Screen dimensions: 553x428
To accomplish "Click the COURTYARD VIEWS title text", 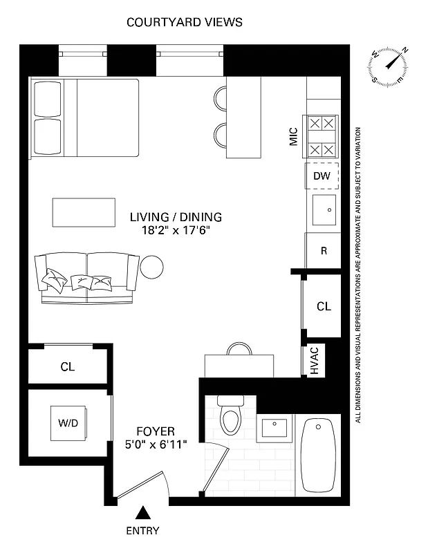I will click(184, 22).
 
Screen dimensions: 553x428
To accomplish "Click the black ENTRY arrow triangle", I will click(142, 513).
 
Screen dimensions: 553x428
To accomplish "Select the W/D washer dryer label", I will click(67, 422).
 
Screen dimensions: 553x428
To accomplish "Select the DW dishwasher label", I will click(322, 176).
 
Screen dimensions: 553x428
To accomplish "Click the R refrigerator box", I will click(323, 251).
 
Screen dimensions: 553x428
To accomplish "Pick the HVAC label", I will click(313, 360).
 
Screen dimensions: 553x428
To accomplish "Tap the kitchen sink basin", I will click(323, 209).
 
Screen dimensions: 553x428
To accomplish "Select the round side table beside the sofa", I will click(152, 266).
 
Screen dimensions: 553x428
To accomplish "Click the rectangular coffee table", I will click(84, 212).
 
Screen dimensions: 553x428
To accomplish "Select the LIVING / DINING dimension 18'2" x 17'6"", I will click(169, 230).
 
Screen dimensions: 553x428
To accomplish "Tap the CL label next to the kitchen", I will click(323, 306).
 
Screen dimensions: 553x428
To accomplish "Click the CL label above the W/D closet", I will click(67, 367).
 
